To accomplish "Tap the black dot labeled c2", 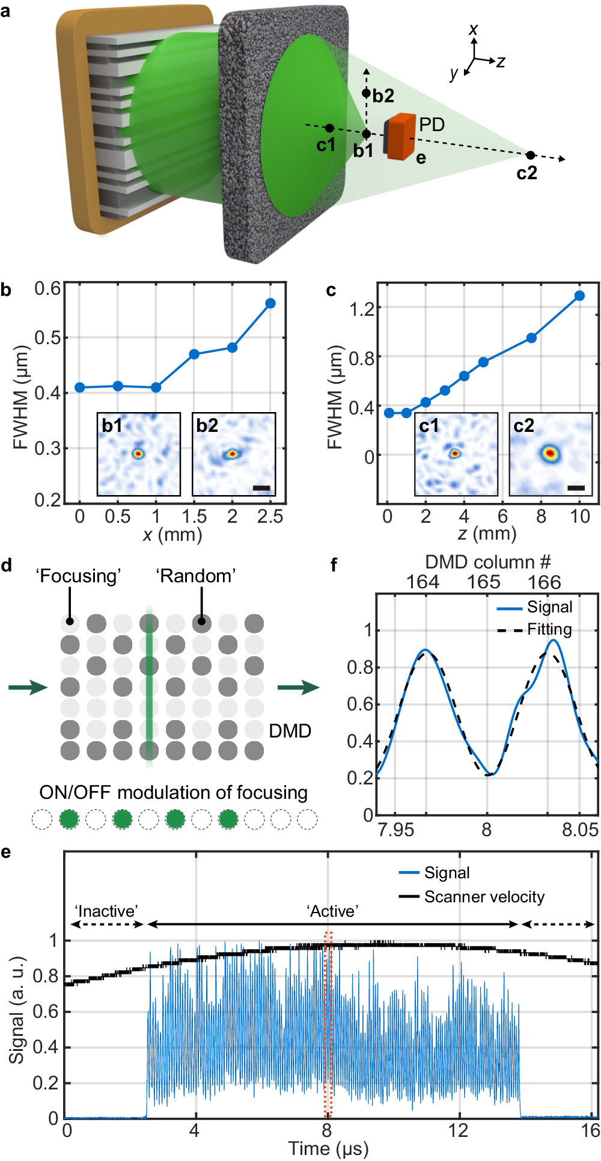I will coord(530,155).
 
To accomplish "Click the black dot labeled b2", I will coord(366,93).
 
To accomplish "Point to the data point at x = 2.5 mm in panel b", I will coord(270,303).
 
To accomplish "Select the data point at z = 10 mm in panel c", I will coord(579,295).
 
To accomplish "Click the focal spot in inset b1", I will coord(138,454).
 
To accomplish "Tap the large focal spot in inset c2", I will coord(549,453).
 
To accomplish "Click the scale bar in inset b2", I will coord(261,488).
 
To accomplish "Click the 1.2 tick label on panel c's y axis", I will coord(361,309).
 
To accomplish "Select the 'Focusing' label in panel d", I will coord(79,576).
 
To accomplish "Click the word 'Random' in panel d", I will coord(196,576).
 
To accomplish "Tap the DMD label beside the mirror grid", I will coord(290,731).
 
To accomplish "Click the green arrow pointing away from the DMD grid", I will coord(298,688).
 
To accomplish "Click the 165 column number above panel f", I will coord(483,582).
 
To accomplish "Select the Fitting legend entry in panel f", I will coord(549,629).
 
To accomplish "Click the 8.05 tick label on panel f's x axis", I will coord(579,830).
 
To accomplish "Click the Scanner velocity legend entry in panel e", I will coord(484,897).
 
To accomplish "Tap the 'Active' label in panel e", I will coord(333,911).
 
